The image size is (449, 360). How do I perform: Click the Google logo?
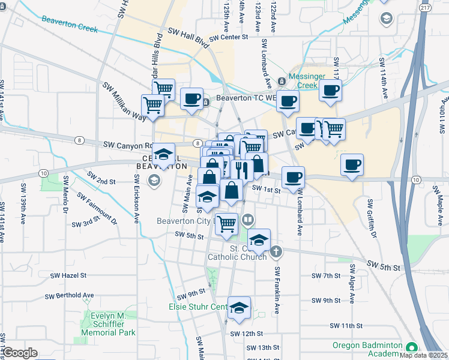coord(20,353)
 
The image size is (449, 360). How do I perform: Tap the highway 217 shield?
coord(425,7)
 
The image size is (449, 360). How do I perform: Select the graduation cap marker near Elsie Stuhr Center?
coord(239,308)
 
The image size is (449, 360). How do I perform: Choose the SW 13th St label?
coord(256,347)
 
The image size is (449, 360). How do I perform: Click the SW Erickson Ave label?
coord(137,201)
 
